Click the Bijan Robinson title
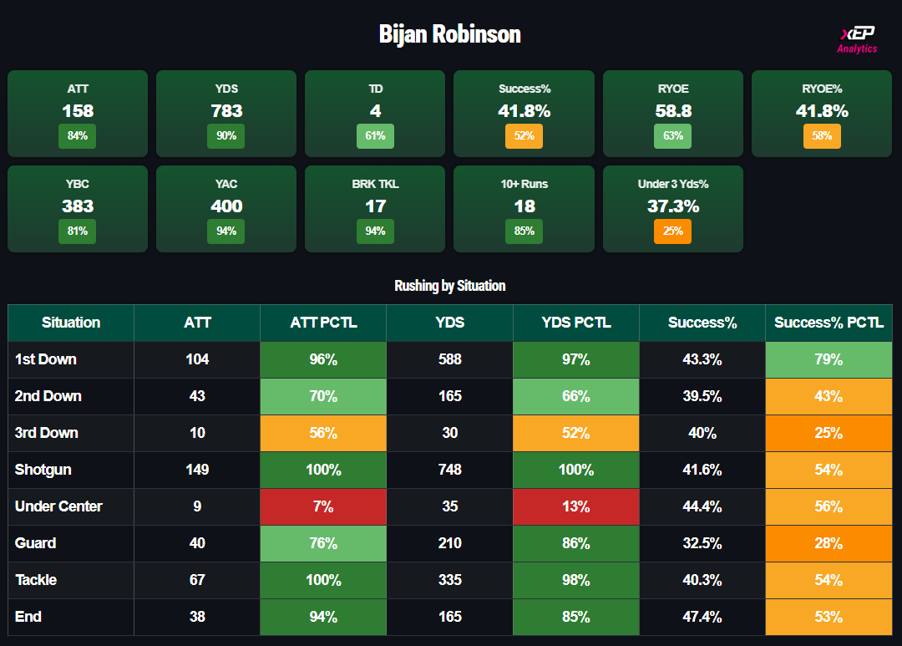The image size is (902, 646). (449, 34)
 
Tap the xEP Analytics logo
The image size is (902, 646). (857, 39)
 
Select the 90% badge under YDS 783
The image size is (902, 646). (225, 136)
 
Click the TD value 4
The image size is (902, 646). (375, 110)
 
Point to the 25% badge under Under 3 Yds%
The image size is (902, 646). (672, 231)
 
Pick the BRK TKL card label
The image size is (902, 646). (375, 184)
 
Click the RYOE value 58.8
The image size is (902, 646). (672, 110)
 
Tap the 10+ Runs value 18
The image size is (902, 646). (524, 206)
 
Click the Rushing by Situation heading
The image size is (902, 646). (449, 286)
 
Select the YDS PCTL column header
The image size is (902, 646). (575, 323)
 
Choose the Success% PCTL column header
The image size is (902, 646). (829, 323)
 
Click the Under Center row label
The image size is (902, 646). (58, 506)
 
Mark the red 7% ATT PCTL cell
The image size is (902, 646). (323, 506)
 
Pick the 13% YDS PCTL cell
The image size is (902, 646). (575, 506)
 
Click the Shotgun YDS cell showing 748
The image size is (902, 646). (449, 470)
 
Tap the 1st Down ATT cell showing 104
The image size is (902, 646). (197, 359)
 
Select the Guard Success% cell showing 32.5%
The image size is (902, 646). (702, 543)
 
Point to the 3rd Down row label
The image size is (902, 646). (47, 433)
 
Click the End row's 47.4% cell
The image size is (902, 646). (702, 617)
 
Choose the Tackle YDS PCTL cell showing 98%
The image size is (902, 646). (575, 580)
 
